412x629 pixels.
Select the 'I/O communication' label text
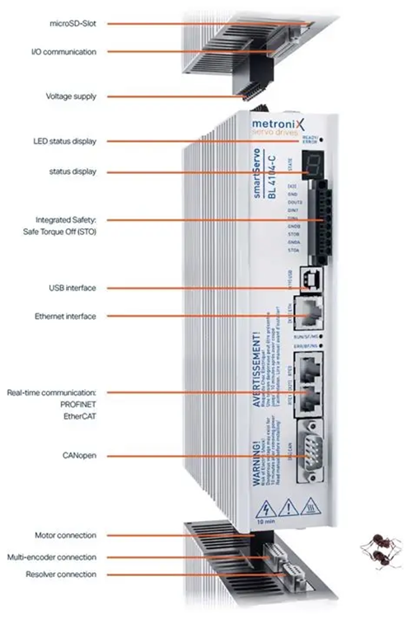click(x=69, y=52)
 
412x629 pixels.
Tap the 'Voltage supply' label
click(x=73, y=96)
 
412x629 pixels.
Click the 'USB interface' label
click(x=73, y=288)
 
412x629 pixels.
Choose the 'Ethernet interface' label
click(x=66, y=316)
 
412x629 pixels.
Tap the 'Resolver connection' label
click(x=60, y=574)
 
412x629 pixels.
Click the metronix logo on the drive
click(x=288, y=126)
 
